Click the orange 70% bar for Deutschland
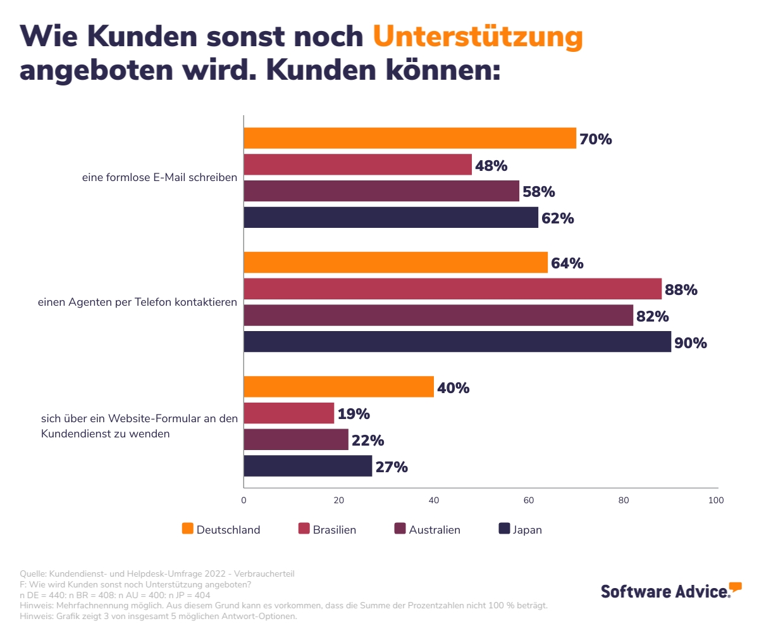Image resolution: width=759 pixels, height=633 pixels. coord(410,138)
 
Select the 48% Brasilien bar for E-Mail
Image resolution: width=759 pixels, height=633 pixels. coord(357,165)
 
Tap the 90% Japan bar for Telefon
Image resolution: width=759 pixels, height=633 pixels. coord(457,342)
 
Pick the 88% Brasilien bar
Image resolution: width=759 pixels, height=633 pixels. coord(452,289)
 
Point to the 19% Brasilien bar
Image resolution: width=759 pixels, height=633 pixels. coord(288,413)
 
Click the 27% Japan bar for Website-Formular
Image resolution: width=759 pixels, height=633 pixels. coord(307,466)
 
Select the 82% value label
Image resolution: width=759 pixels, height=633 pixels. coord(653,316)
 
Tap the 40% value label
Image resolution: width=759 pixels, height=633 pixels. coord(453,387)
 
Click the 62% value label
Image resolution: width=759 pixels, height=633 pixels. coord(557,218)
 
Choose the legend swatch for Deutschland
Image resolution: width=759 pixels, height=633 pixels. coord(187,529)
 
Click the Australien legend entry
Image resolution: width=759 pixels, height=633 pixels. coord(427,529)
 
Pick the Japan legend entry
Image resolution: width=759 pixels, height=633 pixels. coord(520,529)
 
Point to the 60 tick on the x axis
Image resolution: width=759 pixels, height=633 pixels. coord(529,500)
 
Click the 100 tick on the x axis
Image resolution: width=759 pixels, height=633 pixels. coord(716,500)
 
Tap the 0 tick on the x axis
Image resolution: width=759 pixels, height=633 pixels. coord(244,500)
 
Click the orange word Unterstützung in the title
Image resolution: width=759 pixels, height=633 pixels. coord(478,37)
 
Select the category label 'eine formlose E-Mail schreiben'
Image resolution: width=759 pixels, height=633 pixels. coord(159,178)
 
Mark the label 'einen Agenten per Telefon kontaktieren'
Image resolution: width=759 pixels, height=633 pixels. coord(137,302)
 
